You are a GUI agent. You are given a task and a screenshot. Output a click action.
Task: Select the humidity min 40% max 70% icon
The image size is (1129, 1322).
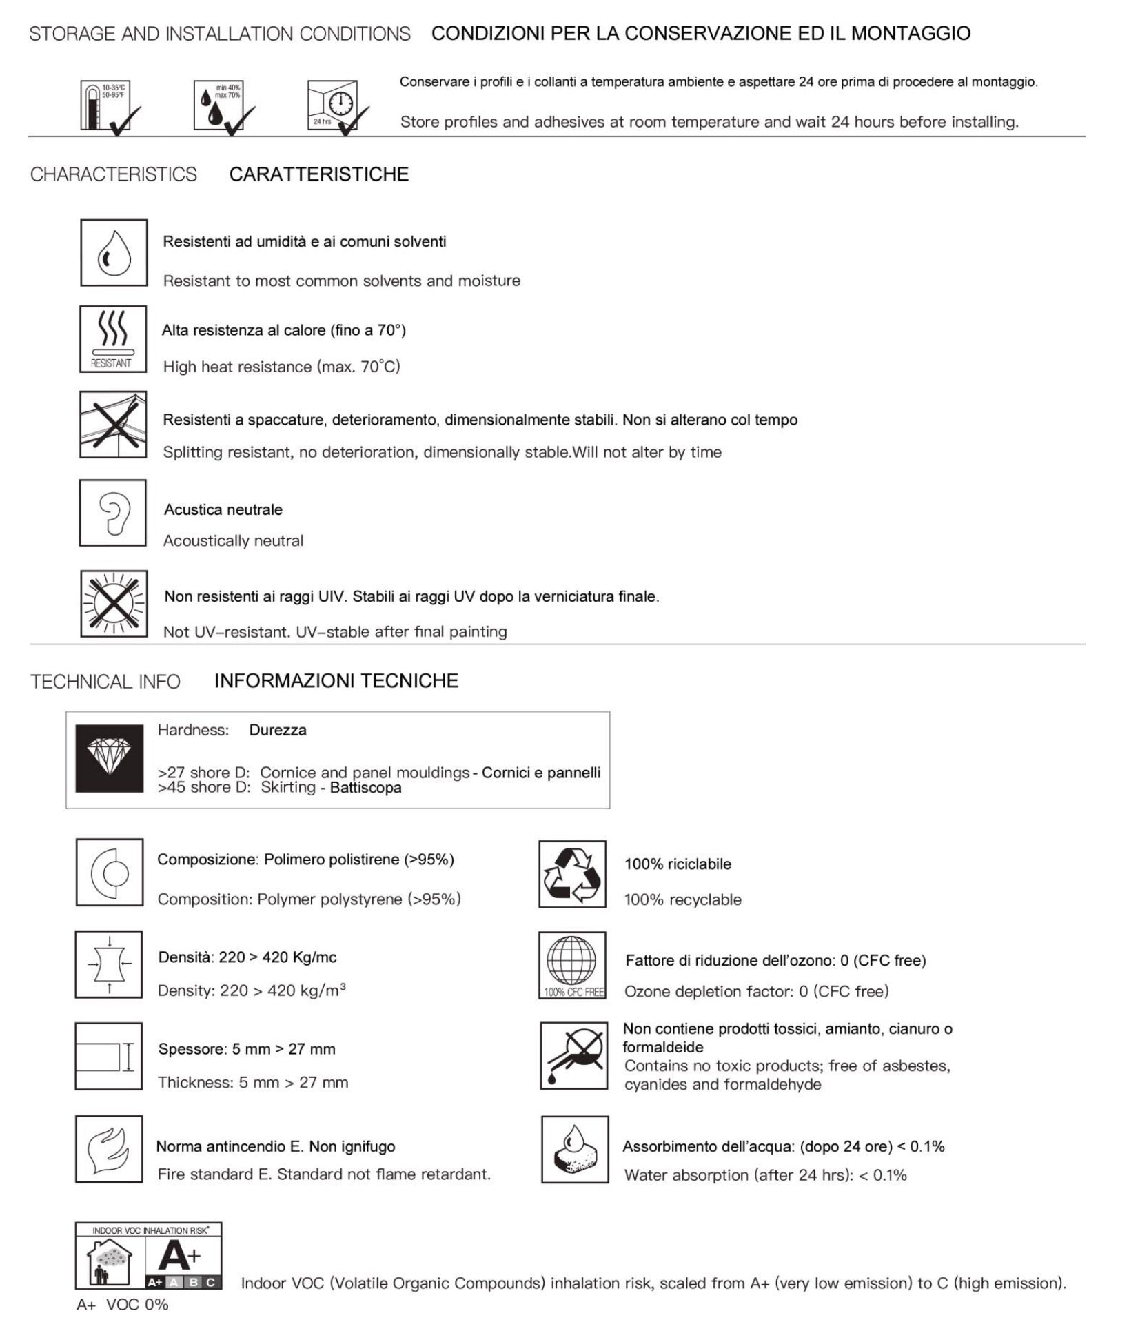pyautogui.click(x=218, y=105)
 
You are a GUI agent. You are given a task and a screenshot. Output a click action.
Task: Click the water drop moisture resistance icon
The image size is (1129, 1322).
pyautogui.click(x=114, y=252)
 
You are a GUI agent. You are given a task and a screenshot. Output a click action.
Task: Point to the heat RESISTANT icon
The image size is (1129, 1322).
pyautogui.click(x=113, y=339)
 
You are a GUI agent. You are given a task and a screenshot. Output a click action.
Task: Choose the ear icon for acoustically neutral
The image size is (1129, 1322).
pyautogui.click(x=113, y=513)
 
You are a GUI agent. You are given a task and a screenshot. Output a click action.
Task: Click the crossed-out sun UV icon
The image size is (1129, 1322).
pyautogui.click(x=114, y=604)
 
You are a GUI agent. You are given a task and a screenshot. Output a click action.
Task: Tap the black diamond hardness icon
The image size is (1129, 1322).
pyautogui.click(x=110, y=758)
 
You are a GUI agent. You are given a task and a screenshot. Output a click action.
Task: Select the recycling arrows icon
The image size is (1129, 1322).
pyautogui.click(x=572, y=874)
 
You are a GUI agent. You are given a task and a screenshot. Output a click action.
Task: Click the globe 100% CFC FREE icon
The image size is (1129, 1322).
pyautogui.click(x=572, y=965)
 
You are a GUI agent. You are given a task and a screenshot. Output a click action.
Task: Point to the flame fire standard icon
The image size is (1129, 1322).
pyautogui.click(x=109, y=1149)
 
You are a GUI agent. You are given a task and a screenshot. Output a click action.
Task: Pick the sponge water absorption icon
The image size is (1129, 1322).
pyautogui.click(x=575, y=1149)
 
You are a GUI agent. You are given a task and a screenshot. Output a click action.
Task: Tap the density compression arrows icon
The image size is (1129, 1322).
pyautogui.click(x=109, y=964)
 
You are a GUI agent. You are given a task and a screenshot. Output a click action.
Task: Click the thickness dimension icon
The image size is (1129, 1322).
pyautogui.click(x=109, y=1056)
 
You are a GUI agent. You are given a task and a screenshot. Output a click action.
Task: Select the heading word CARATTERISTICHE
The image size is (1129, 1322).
pyautogui.click(x=318, y=174)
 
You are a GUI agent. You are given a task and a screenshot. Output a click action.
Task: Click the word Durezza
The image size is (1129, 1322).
pyautogui.click(x=278, y=730)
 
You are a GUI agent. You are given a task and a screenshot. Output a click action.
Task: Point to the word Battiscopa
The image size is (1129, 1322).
pyautogui.click(x=365, y=788)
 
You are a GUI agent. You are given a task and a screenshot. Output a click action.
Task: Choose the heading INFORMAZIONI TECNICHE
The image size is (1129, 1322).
pyautogui.click(x=336, y=681)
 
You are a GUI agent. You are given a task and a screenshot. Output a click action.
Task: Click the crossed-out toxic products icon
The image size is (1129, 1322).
pyautogui.click(x=574, y=1056)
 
